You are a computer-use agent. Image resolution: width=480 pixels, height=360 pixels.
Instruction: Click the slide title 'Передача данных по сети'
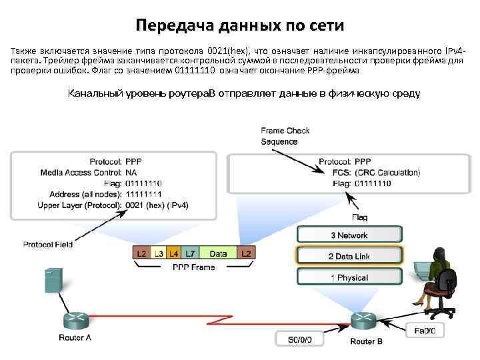pyautogui.click(x=240, y=26)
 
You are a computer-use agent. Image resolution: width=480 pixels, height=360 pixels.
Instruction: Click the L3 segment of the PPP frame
pyautogui.click(x=158, y=254)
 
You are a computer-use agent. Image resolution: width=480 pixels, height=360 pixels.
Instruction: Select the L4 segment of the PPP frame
pyautogui.click(x=173, y=254)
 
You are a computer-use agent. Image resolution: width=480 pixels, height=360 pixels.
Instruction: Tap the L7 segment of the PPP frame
pyautogui.click(x=191, y=254)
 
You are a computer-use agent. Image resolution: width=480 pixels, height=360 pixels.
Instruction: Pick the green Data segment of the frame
pyautogui.click(x=217, y=254)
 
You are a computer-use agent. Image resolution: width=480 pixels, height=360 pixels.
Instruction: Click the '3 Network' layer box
pyautogui.click(x=349, y=235)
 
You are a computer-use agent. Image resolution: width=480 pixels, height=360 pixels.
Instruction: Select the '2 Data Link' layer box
pyautogui.click(x=349, y=256)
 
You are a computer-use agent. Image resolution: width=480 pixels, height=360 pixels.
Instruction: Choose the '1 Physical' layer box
pyautogui.click(x=349, y=277)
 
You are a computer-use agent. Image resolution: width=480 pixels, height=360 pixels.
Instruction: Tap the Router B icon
pyautogui.click(x=366, y=320)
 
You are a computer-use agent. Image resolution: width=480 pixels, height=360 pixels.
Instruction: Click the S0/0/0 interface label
pyautogui.click(x=304, y=340)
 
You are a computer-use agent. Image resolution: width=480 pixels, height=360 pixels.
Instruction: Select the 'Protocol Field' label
pyautogui.click(x=48, y=245)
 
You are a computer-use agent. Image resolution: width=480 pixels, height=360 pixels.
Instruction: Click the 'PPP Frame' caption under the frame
pyautogui.click(x=193, y=267)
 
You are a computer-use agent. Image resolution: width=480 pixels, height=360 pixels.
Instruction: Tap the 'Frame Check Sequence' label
pyautogui.click(x=285, y=137)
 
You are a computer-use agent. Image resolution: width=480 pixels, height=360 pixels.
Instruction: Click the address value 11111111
pyautogui.click(x=143, y=194)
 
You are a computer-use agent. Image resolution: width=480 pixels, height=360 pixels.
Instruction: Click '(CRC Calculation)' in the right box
pyautogui.click(x=387, y=173)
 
